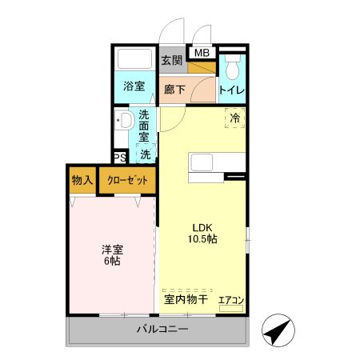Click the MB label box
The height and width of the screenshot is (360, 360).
pyautogui.click(x=202, y=54)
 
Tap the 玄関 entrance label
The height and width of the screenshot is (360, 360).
pyautogui.click(x=171, y=60)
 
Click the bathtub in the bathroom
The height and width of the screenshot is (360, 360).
pyautogui.click(x=134, y=60)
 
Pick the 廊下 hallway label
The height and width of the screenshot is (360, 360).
pyautogui.click(x=175, y=90)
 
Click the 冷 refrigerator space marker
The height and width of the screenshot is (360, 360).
pyautogui.click(x=235, y=118)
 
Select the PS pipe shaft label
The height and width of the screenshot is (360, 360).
pyautogui.click(x=119, y=158)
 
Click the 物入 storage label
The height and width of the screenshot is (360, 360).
pyautogui.click(x=81, y=181)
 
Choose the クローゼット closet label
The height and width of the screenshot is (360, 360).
pyautogui.click(x=127, y=181)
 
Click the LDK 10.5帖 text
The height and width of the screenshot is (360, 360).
pyautogui.click(x=203, y=233)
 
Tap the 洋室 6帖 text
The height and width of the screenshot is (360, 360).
pyautogui.click(x=111, y=254)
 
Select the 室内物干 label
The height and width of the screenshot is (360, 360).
pyautogui.click(x=186, y=300)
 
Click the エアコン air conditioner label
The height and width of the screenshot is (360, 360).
pyautogui.click(x=231, y=301)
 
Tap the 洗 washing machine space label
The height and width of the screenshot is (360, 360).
pyautogui.click(x=146, y=154)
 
